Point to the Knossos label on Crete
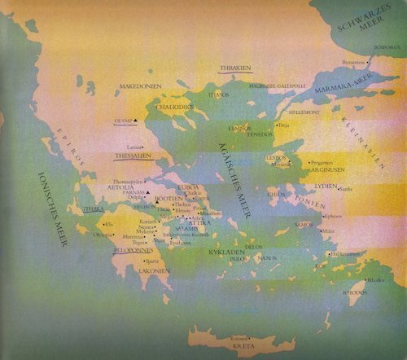tap(239, 337)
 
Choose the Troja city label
tap(285, 125)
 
